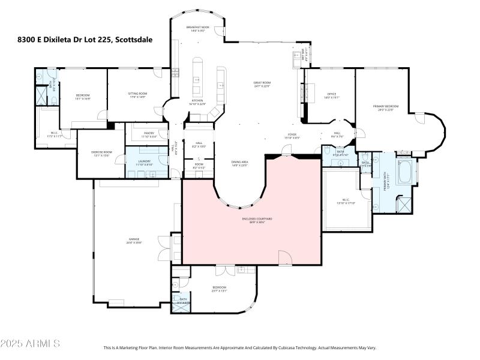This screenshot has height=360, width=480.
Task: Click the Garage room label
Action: point(134,241)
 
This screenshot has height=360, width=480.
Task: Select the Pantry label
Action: point(149,135)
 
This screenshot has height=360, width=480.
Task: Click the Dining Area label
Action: point(240,164)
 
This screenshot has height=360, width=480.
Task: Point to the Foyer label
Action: point(292,136)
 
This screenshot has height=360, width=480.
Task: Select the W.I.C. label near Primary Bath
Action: point(347,202)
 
